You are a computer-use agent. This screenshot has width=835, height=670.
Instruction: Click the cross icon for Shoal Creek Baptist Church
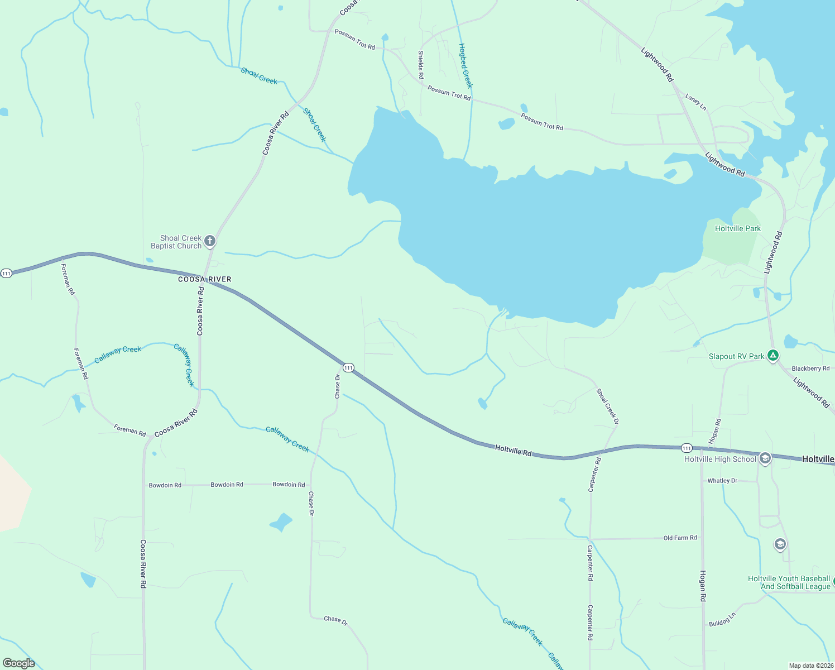(210, 241)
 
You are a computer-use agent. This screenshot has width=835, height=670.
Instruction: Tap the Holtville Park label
(737, 228)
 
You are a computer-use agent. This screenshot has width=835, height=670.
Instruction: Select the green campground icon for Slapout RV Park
(772, 355)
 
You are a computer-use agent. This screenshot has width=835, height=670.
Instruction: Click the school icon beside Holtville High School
(765, 458)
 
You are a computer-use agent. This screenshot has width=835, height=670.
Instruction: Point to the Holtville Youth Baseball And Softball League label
(789, 582)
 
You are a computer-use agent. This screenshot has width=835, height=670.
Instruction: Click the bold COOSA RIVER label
(204, 279)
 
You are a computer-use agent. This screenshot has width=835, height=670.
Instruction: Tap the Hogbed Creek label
(465, 65)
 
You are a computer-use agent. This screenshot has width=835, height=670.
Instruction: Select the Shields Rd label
(421, 64)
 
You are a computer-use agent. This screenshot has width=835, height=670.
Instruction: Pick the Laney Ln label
(695, 102)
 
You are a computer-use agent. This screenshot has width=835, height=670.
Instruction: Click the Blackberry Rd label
(810, 368)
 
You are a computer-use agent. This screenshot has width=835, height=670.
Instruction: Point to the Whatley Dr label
(722, 481)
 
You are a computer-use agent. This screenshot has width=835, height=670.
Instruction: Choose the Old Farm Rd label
(680, 538)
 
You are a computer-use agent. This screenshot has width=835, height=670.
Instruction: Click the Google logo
(19, 663)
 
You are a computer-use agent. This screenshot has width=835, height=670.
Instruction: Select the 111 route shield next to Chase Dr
(348, 367)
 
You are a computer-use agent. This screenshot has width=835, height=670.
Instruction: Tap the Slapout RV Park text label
(736, 356)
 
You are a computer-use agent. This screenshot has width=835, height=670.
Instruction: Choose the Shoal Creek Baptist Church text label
(176, 242)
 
